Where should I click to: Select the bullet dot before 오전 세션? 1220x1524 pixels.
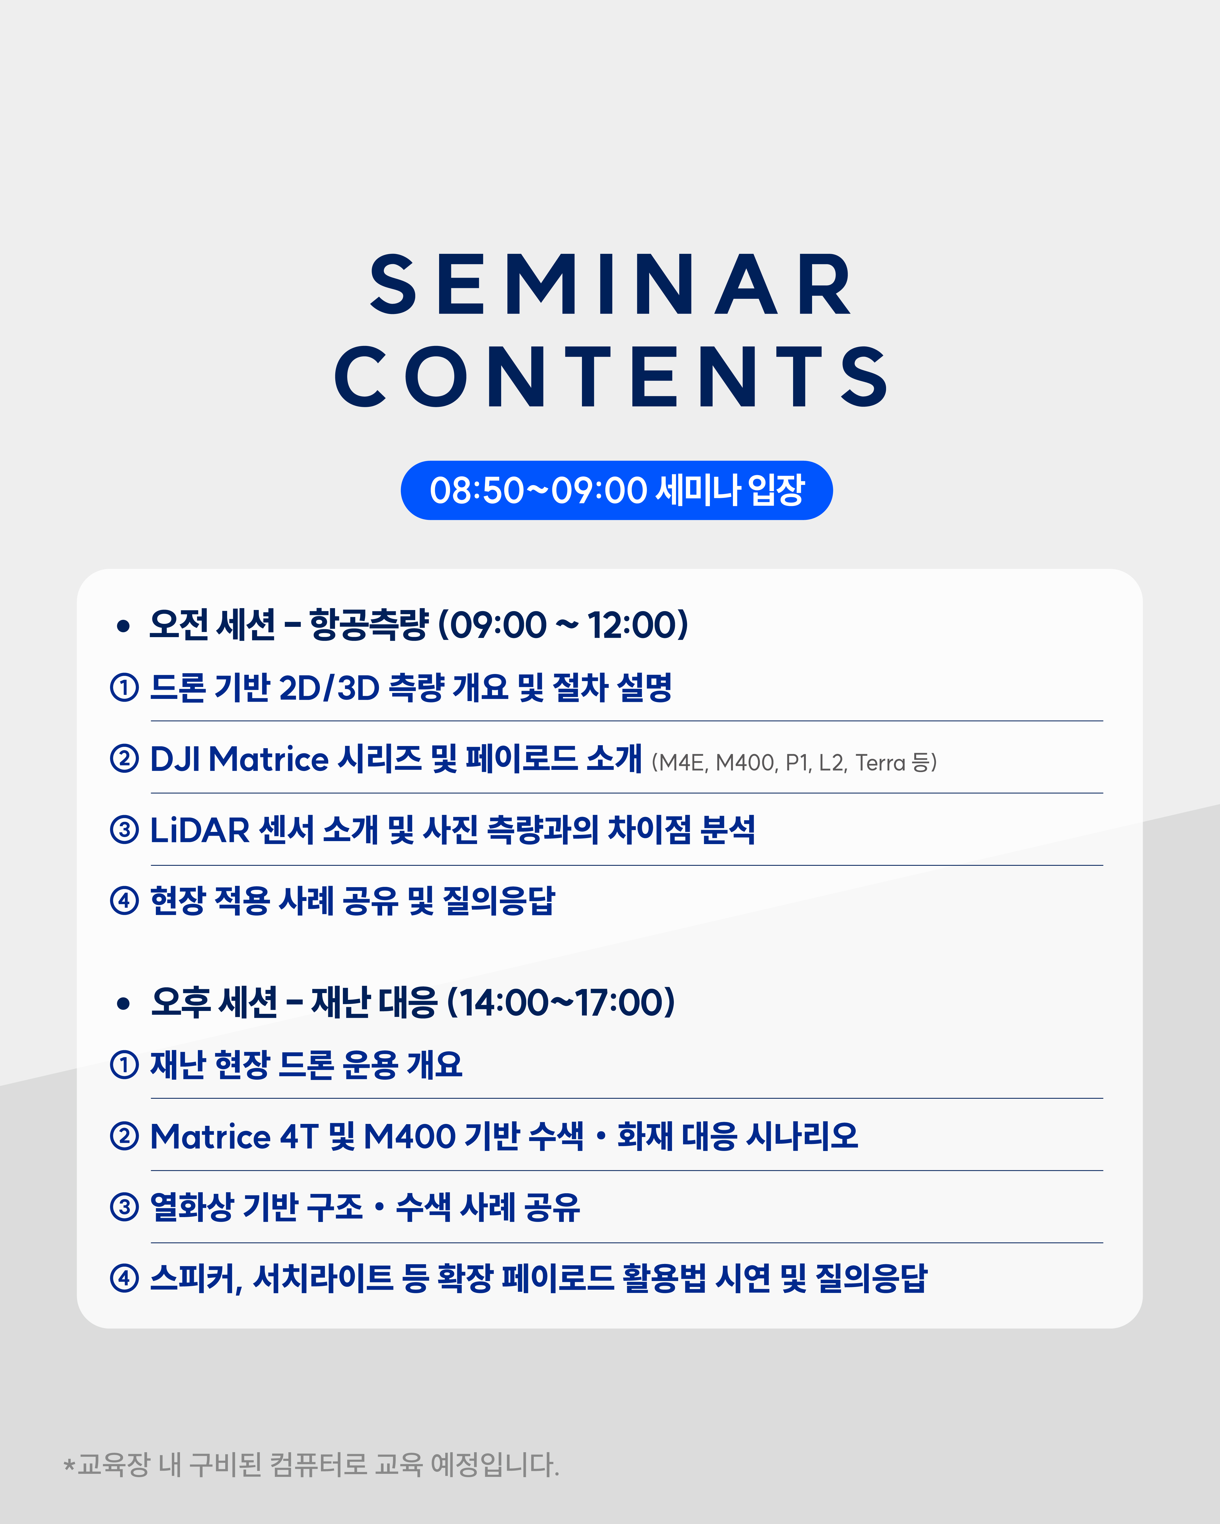pos(124,625)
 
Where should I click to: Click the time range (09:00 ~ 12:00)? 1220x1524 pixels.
pos(563,625)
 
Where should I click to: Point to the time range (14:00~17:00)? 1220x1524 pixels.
pos(561,1002)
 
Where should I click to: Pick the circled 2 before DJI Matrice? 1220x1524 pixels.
pos(124,759)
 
